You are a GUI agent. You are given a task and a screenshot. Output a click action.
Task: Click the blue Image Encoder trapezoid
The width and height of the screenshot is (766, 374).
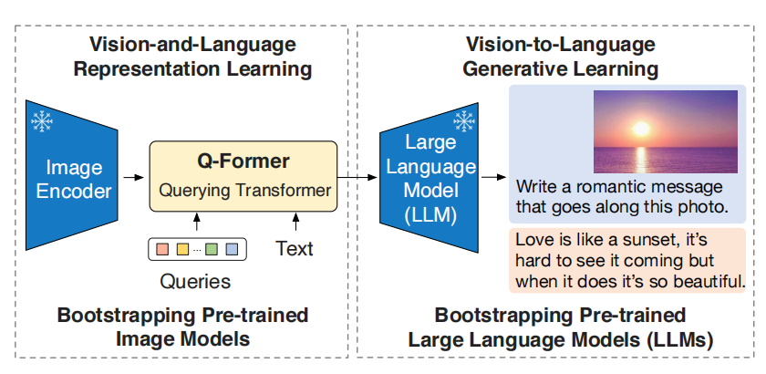[72, 176]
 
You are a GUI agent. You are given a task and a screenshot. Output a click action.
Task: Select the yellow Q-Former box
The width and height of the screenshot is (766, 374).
[243, 176]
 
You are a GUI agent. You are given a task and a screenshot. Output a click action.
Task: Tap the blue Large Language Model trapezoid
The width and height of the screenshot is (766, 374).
[429, 178]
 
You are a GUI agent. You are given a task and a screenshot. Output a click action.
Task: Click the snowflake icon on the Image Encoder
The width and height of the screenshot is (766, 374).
[42, 121]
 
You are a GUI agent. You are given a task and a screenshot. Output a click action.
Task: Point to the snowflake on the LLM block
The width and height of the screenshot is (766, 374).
[463, 120]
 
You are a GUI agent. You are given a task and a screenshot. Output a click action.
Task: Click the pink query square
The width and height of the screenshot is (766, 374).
[162, 249]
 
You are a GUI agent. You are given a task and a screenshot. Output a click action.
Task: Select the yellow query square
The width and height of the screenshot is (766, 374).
[182, 249]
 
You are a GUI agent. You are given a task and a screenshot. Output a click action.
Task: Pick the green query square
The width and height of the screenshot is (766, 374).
[211, 249]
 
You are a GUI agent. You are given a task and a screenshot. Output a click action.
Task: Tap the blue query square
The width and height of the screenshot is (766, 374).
[232, 249]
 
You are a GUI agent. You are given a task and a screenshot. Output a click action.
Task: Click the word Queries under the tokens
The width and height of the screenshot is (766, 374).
[195, 282]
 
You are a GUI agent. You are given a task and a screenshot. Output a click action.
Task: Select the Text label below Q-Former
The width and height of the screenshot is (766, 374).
[295, 248]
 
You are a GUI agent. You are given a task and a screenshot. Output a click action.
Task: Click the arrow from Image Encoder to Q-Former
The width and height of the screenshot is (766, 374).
[134, 177]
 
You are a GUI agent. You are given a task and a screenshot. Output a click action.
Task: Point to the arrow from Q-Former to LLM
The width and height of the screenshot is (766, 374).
[357, 177]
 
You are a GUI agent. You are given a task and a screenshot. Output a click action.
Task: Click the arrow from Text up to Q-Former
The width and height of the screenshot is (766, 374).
[295, 221]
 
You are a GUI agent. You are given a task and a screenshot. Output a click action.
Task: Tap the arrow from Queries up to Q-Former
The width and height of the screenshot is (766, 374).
[197, 221]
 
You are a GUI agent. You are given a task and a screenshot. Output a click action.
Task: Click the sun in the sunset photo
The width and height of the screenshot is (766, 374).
[640, 129]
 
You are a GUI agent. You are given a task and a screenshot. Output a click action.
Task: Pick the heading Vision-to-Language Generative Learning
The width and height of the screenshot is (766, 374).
[560, 57]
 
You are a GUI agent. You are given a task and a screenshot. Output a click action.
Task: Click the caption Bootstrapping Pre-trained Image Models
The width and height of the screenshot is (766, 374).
[182, 327]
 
